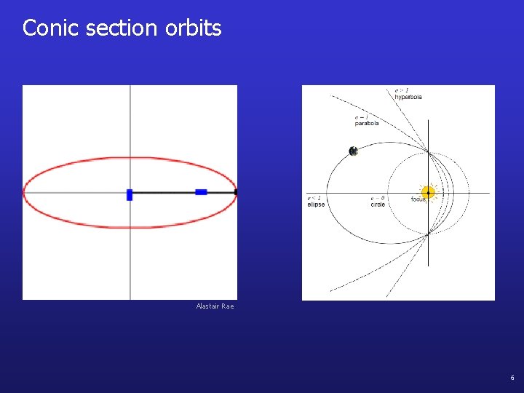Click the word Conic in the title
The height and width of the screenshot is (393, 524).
[x=49, y=28]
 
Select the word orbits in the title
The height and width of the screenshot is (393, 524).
[x=193, y=28]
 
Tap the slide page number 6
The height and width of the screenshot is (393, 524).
[x=512, y=378]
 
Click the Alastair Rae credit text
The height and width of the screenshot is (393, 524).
[x=215, y=306]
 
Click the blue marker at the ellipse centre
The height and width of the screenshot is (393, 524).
[x=130, y=194]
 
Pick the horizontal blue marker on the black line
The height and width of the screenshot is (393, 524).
[x=201, y=192]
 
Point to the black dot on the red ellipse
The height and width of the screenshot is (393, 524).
[x=236, y=192]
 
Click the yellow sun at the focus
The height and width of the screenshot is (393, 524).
[x=428, y=193]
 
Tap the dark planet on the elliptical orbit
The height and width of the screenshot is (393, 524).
[x=353, y=151]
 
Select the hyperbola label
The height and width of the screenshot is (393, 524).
[x=408, y=97]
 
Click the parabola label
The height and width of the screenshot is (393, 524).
[x=367, y=123]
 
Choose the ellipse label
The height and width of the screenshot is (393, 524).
[x=316, y=205]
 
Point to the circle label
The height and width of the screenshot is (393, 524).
[x=378, y=205]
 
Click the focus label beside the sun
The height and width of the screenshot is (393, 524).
[x=418, y=199]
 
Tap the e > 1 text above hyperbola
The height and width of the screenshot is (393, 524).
[x=401, y=90]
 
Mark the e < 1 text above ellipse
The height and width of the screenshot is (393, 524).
[x=314, y=198]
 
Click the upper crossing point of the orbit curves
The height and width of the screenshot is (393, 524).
[x=428, y=152]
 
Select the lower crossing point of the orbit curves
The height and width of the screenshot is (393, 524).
[x=428, y=233]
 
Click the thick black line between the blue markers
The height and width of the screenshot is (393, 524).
[x=164, y=192]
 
